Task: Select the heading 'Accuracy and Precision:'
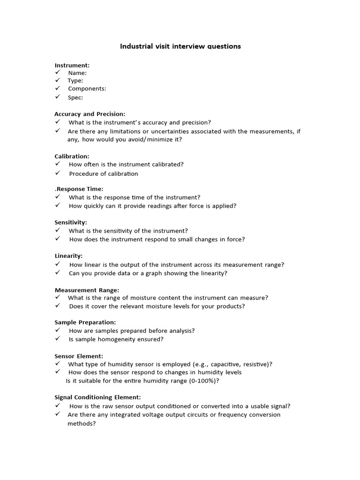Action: [x=90, y=114]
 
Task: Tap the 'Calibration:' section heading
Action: [x=72, y=156]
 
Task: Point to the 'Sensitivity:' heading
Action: [x=71, y=222]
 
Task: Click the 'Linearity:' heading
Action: [x=68, y=256]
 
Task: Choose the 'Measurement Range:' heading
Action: [x=87, y=290]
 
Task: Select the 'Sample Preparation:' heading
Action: [x=85, y=322]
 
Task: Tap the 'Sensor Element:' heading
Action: [x=79, y=356]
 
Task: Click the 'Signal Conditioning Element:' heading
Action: [x=97, y=397]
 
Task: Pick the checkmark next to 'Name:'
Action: [x=58, y=73]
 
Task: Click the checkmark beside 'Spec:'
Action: [x=58, y=97]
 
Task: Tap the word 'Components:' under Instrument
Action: [x=87, y=89]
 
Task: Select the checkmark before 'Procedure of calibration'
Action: [x=58, y=173]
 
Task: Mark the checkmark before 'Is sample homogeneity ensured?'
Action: [x=58, y=339]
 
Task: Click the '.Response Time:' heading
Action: [x=79, y=189]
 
